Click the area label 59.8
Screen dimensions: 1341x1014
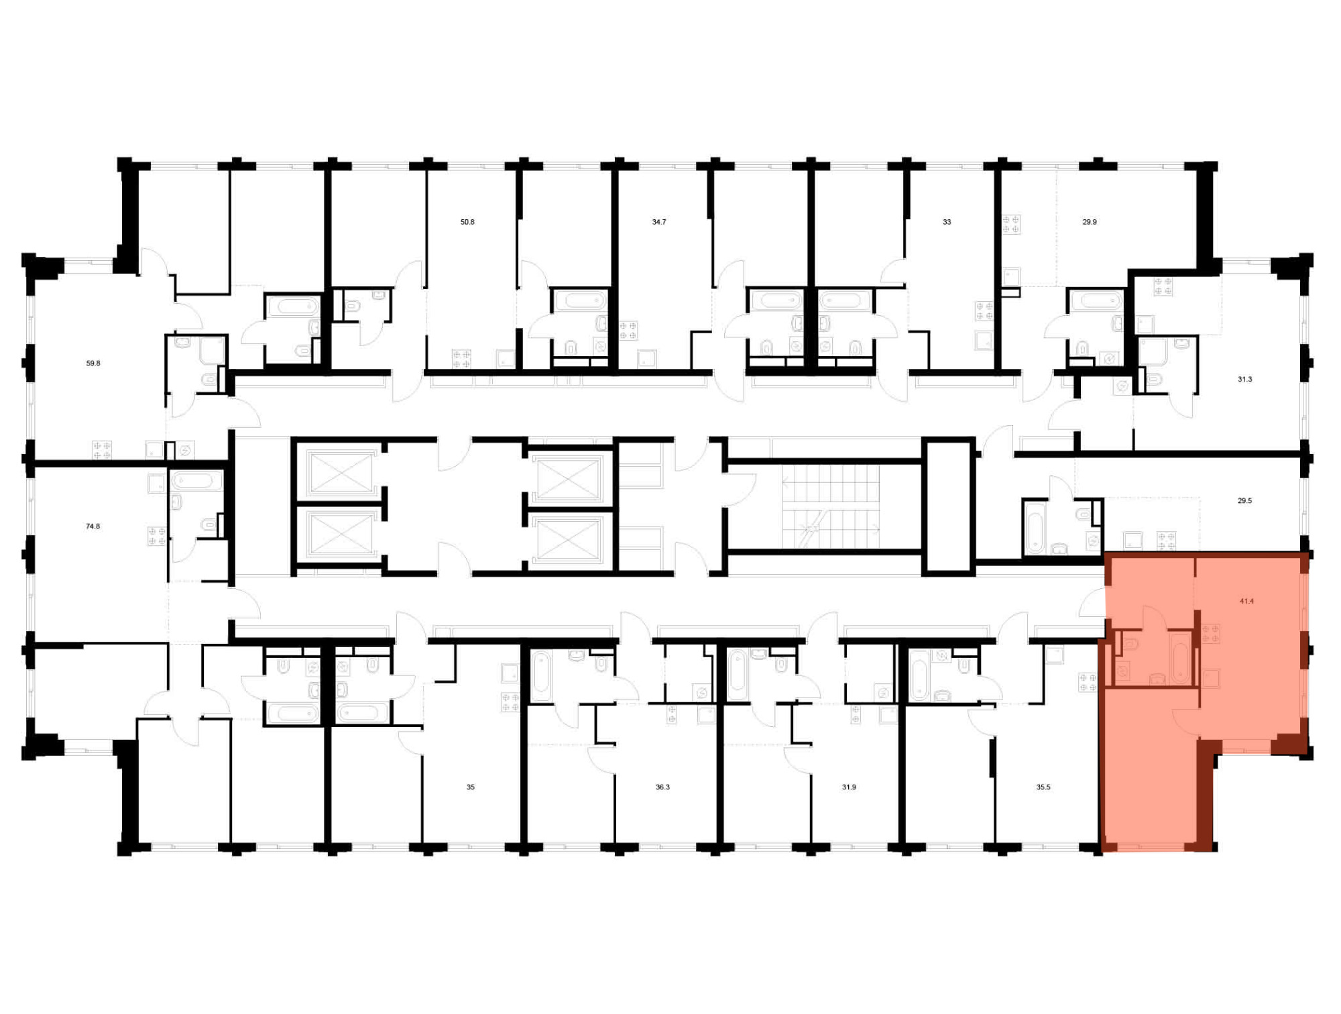tap(93, 363)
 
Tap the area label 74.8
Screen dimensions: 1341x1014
tap(93, 526)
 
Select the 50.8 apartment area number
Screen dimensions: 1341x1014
tap(467, 222)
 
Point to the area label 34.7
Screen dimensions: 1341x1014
tap(659, 222)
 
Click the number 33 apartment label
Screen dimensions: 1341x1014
tap(947, 222)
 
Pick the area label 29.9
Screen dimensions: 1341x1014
tap(1090, 222)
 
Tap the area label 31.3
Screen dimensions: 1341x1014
tap(1244, 380)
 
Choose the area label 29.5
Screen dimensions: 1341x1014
tap(1244, 501)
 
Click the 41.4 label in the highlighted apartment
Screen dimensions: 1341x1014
tap(1246, 602)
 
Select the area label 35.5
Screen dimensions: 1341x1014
tap(1043, 787)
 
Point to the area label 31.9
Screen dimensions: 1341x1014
tap(849, 787)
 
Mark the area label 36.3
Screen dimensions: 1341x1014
tap(662, 787)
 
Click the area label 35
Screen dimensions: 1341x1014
tap(471, 787)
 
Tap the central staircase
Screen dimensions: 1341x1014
tap(831, 506)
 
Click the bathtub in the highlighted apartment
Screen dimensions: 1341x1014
tap(1180, 658)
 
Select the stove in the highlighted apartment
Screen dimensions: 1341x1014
tap(1211, 634)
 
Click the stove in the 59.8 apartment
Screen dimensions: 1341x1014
tap(102, 450)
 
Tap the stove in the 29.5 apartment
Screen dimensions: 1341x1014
tap(1166, 541)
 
